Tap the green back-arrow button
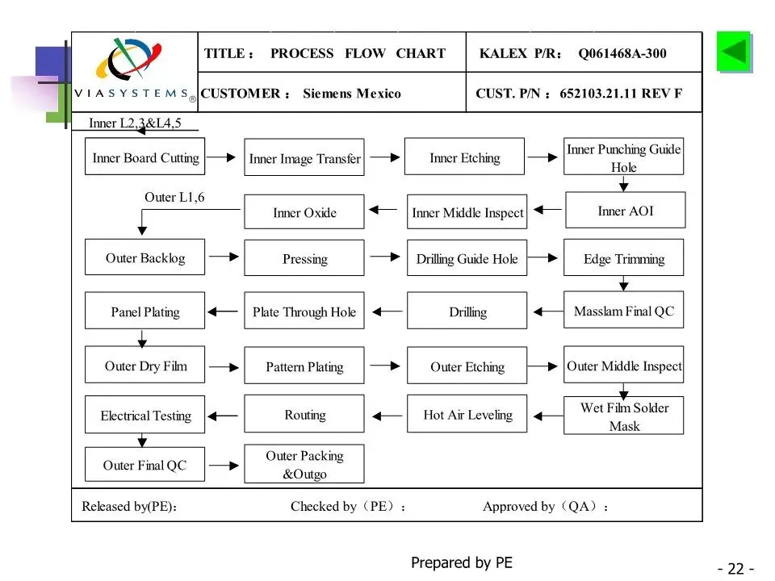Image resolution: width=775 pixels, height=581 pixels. click(x=734, y=52)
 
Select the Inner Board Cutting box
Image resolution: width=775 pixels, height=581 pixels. click(x=145, y=157)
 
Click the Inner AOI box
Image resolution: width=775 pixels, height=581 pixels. click(x=625, y=210)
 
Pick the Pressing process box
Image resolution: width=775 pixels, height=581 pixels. click(x=304, y=258)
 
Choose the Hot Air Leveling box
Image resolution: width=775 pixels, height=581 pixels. click(x=467, y=414)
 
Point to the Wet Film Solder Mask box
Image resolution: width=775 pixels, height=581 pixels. click(x=624, y=416)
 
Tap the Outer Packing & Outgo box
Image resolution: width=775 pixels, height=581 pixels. click(x=304, y=464)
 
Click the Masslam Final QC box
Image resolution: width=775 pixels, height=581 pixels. click(x=624, y=310)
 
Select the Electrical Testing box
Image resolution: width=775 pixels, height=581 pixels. click(x=145, y=415)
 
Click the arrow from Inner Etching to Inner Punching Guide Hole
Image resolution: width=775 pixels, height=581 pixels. click(x=542, y=157)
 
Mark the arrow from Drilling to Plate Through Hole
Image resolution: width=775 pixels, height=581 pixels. click(x=387, y=311)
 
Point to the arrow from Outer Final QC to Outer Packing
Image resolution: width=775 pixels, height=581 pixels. click(x=224, y=465)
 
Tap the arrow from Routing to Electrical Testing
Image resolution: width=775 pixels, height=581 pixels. click(x=223, y=416)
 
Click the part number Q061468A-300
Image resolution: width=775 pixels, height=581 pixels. click(x=622, y=53)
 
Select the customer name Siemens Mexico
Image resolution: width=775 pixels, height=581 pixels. click(x=352, y=94)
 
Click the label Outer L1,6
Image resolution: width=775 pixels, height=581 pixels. click(x=174, y=197)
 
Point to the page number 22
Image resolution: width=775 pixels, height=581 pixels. click(x=736, y=569)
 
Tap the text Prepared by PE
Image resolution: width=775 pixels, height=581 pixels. click(x=462, y=562)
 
